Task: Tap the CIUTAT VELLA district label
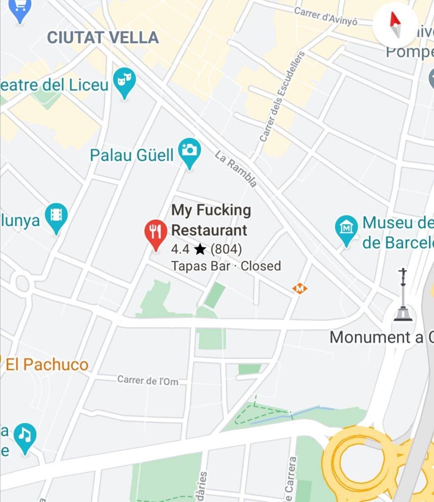click(x=103, y=38)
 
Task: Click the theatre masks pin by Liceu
click(x=124, y=82)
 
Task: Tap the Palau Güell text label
click(x=132, y=155)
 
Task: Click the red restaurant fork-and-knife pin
click(x=156, y=233)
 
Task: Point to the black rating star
click(x=200, y=249)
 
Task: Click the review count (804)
click(x=226, y=249)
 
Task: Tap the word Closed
click(x=261, y=266)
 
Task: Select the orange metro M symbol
click(x=299, y=288)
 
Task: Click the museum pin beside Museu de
click(x=346, y=229)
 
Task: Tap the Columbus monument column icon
click(x=403, y=295)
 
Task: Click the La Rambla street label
click(x=236, y=169)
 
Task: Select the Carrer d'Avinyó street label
click(x=325, y=16)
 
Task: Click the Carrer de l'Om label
click(x=148, y=380)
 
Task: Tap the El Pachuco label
click(x=47, y=365)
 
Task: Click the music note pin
click(x=25, y=437)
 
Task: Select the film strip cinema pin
click(x=56, y=217)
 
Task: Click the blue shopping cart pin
click(x=20, y=9)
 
